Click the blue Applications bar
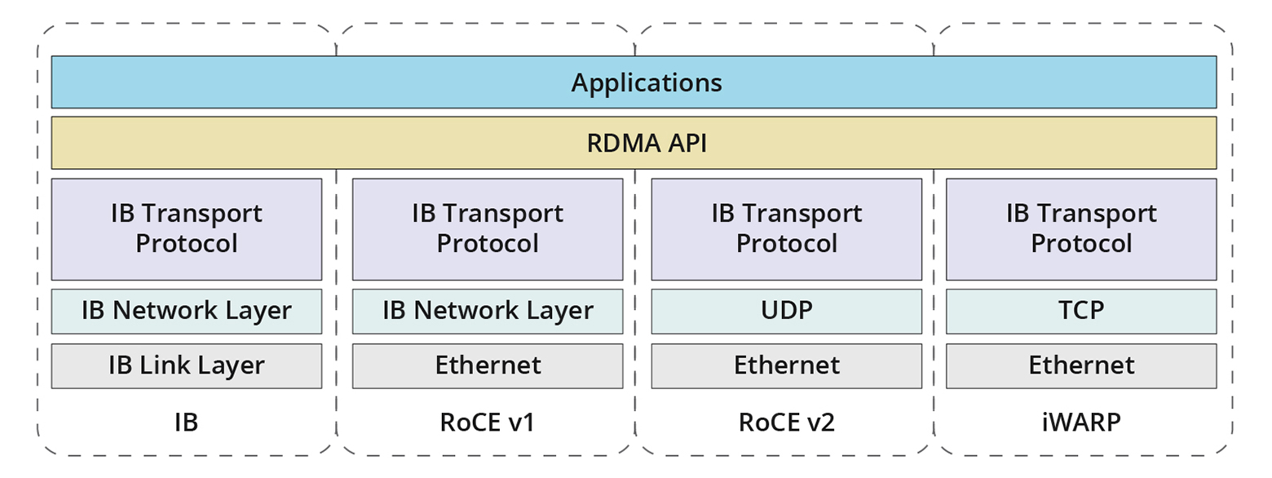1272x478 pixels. click(x=634, y=82)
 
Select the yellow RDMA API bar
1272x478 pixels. click(x=634, y=143)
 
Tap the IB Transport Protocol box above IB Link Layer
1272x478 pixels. click(x=187, y=229)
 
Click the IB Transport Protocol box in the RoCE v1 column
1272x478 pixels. click(x=488, y=229)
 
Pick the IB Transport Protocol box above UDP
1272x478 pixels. click(x=787, y=229)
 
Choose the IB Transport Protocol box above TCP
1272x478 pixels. click(x=1081, y=229)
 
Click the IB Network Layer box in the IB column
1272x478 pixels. click(x=187, y=311)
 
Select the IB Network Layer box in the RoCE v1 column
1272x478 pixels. click(x=488, y=311)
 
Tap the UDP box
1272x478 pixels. click(x=787, y=311)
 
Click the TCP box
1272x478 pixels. click(x=1081, y=311)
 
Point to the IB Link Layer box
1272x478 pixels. click(x=187, y=365)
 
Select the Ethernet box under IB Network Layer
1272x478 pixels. click(x=488, y=365)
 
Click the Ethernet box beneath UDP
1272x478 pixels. click(x=787, y=365)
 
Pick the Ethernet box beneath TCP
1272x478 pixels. click(x=1081, y=365)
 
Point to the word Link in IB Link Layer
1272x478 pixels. click(x=181, y=365)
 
